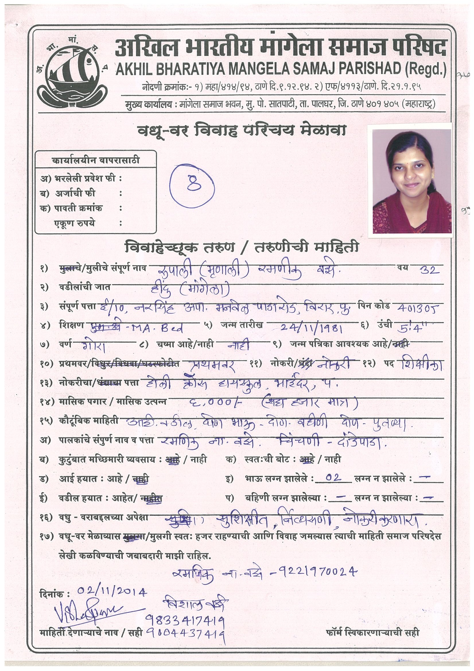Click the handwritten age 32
point(429,270)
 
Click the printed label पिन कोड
point(374,306)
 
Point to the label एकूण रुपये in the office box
point(74,223)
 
